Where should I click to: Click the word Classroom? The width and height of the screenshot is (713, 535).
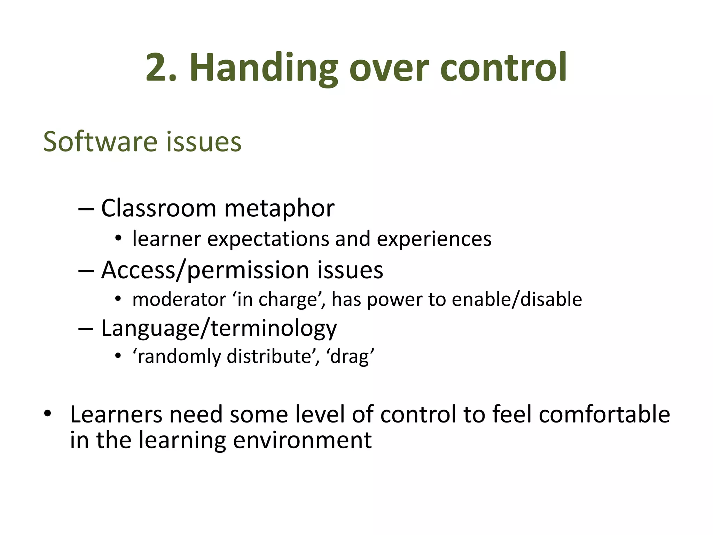pos(159,208)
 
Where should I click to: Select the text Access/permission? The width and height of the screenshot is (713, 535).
pos(205,270)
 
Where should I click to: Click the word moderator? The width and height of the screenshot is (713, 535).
pos(179,300)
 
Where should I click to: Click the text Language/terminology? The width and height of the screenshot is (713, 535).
pos(219,328)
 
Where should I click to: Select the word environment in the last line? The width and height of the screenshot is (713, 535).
pos(302,440)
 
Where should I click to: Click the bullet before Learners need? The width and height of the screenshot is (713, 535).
pos(47,414)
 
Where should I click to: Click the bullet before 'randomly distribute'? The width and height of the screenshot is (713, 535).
pos(118,356)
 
